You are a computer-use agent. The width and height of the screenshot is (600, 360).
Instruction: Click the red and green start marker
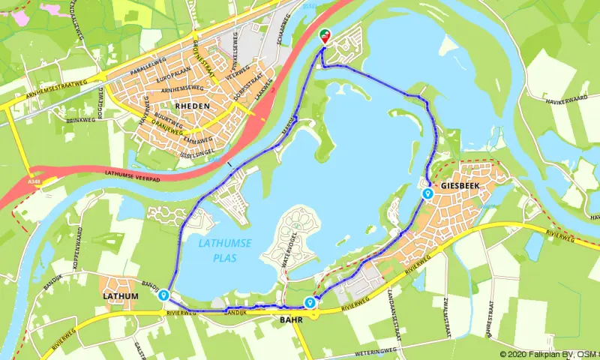pos(325,34)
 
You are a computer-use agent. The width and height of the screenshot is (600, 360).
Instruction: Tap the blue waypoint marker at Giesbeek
pos(427,193)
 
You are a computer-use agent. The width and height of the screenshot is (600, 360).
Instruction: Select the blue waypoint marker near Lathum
pos(163,295)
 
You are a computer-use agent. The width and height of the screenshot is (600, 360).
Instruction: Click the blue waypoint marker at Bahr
pos(310,302)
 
